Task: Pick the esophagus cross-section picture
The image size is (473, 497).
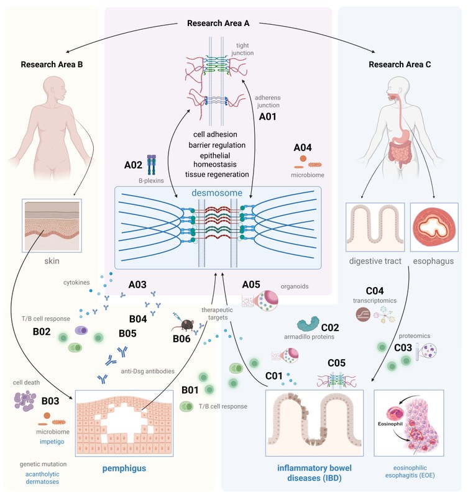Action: click(435, 226)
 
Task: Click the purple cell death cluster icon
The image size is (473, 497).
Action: click(25, 399)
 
